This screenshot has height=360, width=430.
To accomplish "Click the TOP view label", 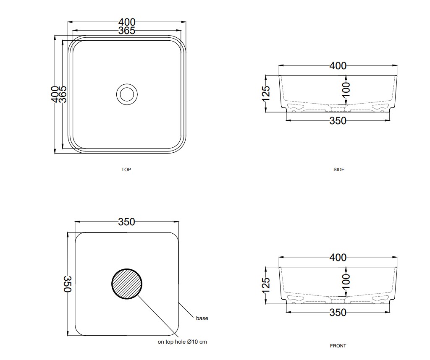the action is point(126,170).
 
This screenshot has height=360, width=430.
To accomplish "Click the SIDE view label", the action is point(339,170).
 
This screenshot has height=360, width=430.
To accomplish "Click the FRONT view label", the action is point(338,346).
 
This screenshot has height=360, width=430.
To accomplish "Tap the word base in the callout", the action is point(202,318).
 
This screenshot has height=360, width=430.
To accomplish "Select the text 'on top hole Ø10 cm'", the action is point(182,342).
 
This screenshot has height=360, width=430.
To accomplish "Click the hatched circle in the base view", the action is point(127,284).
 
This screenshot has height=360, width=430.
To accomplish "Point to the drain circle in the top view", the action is point(127,94).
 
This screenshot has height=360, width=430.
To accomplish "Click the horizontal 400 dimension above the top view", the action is point(127,22).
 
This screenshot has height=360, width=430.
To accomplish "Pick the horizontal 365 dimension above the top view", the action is point(127,31).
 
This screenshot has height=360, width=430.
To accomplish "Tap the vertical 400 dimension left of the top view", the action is point(55,94).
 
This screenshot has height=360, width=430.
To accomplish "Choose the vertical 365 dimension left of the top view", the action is point(63,94).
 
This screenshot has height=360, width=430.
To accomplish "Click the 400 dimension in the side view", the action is point(338,66).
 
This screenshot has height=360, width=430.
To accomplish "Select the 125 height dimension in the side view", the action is point(266,94).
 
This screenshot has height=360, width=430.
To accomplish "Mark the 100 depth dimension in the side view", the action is point(346,90).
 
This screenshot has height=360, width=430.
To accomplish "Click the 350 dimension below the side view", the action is point(338,121).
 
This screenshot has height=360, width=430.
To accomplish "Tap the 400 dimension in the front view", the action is point(338,258).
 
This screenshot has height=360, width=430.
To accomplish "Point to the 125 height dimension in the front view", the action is point(266,285).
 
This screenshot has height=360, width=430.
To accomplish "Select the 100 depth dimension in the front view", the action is point(346,282).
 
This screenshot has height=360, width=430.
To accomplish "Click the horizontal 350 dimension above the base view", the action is point(127,222).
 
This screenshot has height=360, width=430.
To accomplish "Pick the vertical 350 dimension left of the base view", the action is point(68,284).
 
